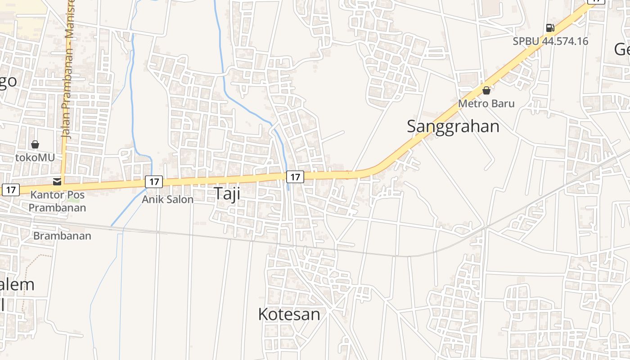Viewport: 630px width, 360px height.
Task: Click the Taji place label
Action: point(226,193)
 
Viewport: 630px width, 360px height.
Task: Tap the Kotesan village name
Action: point(289,314)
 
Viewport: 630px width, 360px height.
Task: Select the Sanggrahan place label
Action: point(453,126)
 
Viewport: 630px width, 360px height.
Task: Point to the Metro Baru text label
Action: point(486,103)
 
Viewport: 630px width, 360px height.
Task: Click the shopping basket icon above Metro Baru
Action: point(486,91)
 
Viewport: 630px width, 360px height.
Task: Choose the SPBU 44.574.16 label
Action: point(550,41)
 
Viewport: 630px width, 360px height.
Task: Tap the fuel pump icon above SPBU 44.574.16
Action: point(550,28)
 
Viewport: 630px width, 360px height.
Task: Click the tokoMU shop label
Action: point(35,157)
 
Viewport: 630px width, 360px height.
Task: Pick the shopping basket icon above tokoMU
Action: point(35,144)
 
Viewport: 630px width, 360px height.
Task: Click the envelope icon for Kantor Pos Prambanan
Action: point(57,182)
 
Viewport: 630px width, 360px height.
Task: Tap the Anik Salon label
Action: point(167,199)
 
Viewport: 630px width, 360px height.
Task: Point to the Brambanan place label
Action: point(62,236)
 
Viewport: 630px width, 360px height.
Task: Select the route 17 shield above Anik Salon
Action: point(154,182)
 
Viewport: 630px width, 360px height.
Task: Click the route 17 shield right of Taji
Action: point(295,177)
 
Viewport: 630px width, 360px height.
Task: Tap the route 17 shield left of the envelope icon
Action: point(10,190)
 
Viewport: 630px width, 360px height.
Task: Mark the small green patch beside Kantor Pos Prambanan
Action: point(74,198)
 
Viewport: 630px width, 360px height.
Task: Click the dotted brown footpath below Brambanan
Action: point(28,274)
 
